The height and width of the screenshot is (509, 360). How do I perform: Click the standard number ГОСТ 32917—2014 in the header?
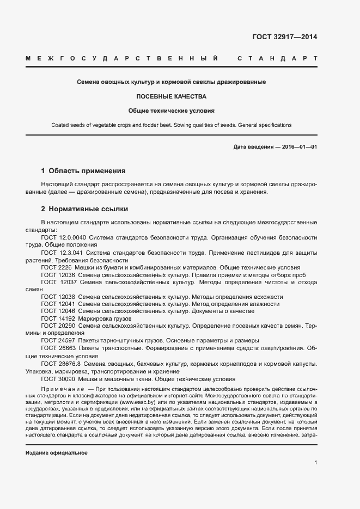(x=284, y=37)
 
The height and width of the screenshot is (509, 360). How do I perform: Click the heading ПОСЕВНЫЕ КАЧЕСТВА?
(x=171, y=96)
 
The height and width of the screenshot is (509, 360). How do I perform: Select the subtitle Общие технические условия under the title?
(x=171, y=111)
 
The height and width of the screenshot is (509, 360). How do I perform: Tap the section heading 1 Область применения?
(x=83, y=170)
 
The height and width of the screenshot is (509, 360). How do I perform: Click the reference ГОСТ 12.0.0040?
(x=63, y=238)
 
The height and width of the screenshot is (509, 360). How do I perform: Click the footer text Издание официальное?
(x=57, y=453)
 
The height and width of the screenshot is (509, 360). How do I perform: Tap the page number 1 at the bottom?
(x=315, y=463)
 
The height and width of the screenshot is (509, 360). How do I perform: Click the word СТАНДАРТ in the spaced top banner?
(x=277, y=58)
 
